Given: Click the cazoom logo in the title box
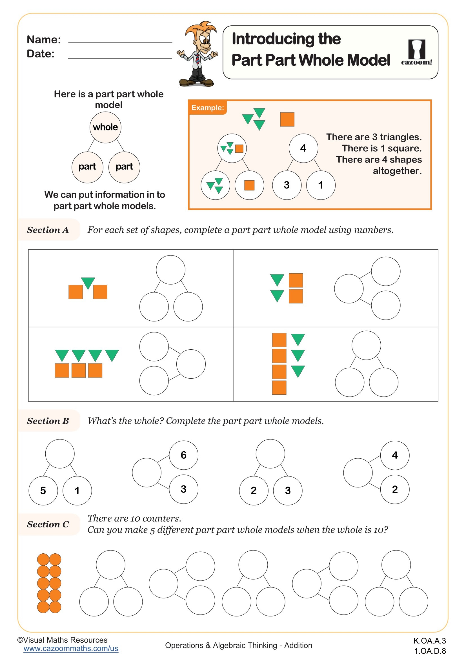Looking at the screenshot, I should pos(416,52).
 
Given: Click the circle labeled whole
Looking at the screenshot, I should pos(105,127).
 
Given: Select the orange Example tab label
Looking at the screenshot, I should pos(207,108).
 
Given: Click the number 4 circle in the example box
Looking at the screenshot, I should pos(303,148).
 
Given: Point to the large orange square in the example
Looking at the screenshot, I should pos(287,119).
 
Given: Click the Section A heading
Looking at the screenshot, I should pos(48,230).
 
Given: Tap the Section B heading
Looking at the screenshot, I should pos(48,421).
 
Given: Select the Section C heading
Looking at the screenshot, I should pos(48,524).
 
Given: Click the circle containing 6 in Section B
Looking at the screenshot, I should pos(183,455).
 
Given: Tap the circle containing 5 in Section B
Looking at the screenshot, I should pos(43,491).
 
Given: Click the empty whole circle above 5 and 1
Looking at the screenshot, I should pos(60,454).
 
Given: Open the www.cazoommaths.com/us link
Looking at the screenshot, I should pos(71,648).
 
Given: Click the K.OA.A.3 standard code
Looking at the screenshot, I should pos(429,641).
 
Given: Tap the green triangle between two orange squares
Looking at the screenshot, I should pos(88,283).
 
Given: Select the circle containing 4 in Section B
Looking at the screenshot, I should pos(394,455).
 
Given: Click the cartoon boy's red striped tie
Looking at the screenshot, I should pos(198,59).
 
